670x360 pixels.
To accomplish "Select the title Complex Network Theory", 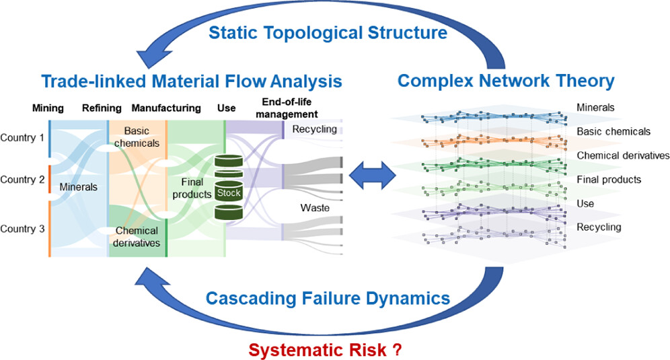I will point(506,81).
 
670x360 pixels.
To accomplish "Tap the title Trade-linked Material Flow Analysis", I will point(192,82).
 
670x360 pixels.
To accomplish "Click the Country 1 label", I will point(22,138).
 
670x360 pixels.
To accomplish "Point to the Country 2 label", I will point(22,180).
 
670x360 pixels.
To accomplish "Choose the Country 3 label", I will point(22,228).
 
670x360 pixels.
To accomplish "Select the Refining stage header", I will point(102,108).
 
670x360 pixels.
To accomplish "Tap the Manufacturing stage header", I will point(166,108).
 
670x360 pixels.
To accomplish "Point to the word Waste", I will point(315,208).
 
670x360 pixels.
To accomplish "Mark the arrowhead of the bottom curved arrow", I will point(149,277).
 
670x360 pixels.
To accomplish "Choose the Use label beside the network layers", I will point(587,203).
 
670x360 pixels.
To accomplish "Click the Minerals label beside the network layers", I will point(596,107).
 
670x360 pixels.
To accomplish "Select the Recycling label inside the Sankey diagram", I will point(315,129).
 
